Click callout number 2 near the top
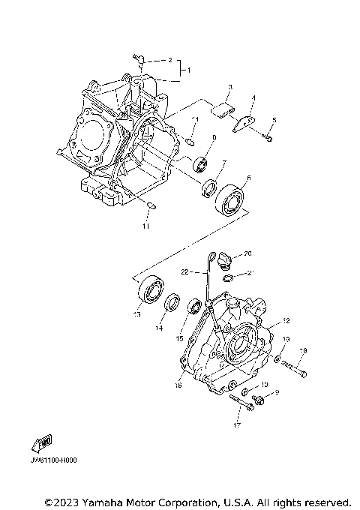coord(169,58)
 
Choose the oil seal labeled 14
coord(172,303)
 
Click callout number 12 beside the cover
coord(285,321)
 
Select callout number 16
coord(178,386)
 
